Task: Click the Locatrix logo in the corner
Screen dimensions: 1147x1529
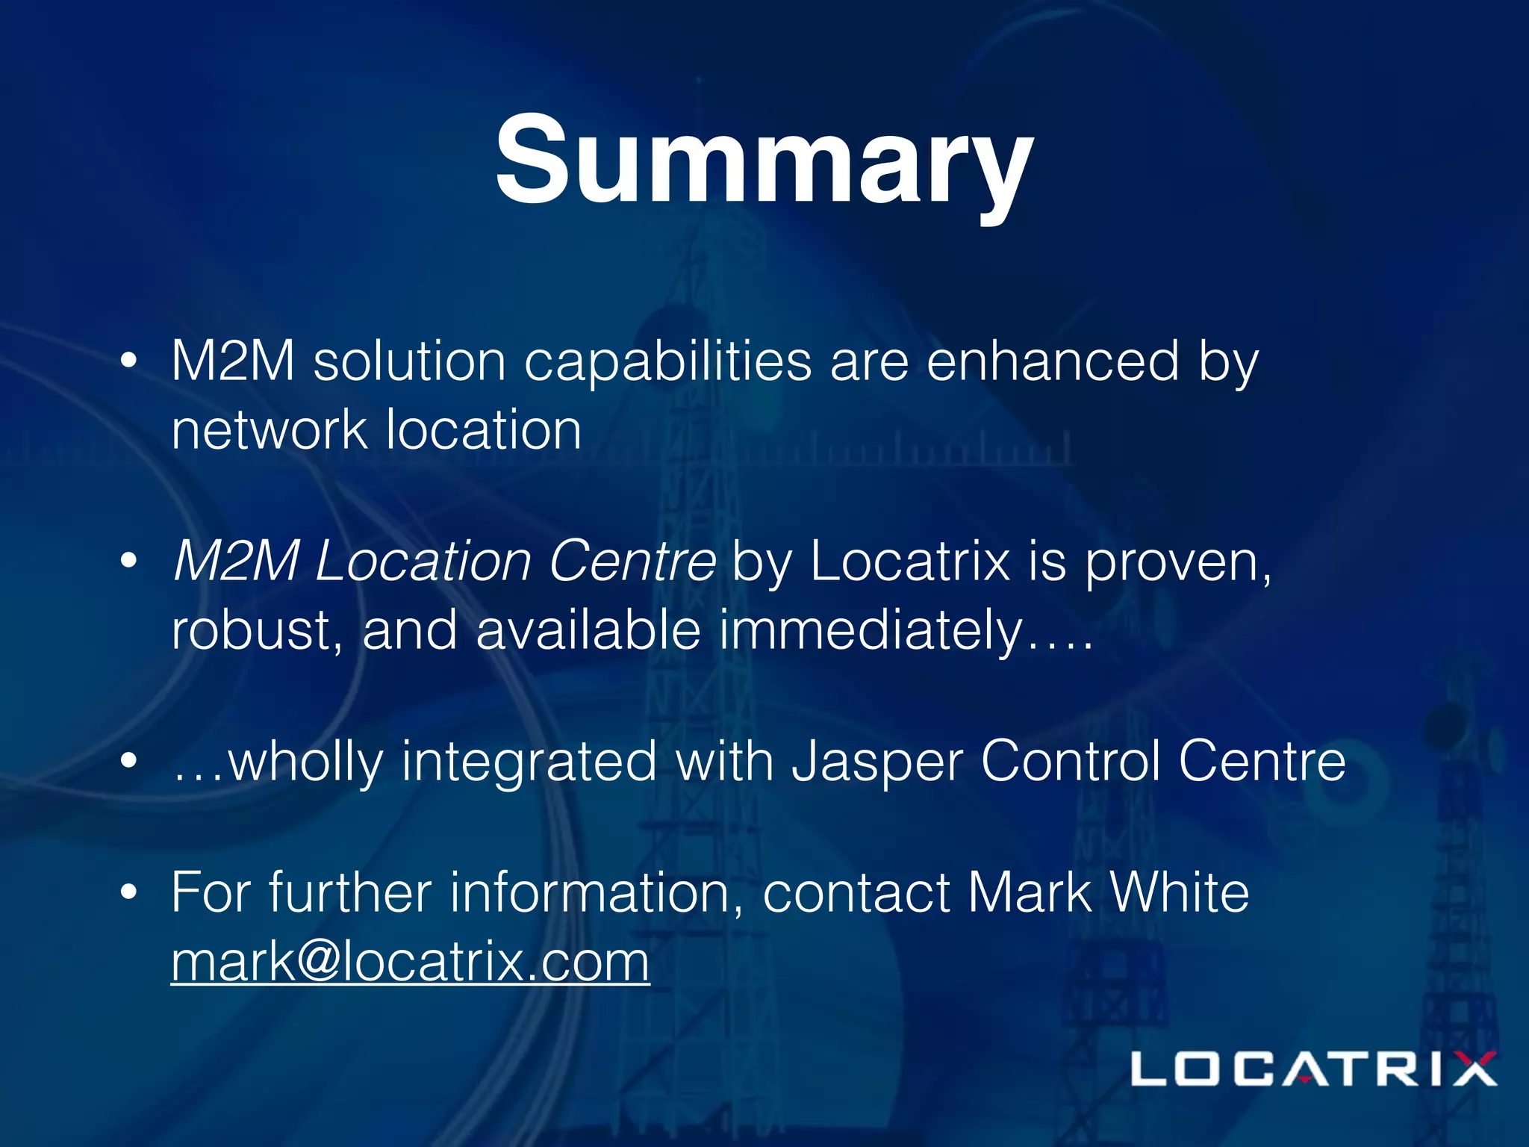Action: pos(1313,1069)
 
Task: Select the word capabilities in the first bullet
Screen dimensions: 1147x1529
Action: pos(667,362)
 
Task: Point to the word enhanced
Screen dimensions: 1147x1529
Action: pos(1053,362)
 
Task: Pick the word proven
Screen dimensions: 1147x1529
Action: pos(1177,562)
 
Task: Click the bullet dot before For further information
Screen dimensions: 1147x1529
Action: pos(129,892)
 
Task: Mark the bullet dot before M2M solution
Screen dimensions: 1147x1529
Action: pos(129,361)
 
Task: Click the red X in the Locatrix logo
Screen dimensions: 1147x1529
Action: pos(1471,1069)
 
